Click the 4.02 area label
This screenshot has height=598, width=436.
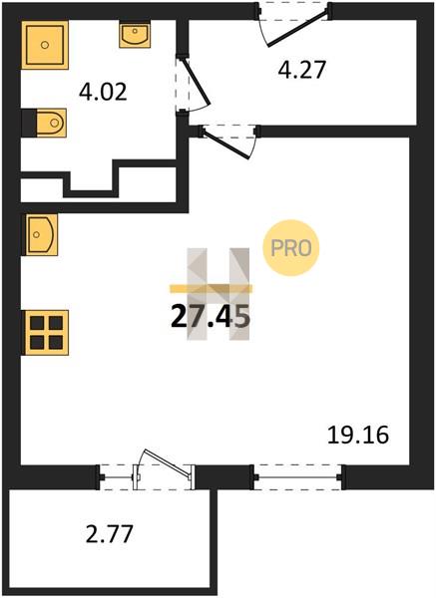pyautogui.click(x=103, y=93)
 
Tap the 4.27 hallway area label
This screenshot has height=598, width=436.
pyautogui.click(x=301, y=70)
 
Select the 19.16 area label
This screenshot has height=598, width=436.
pyautogui.click(x=358, y=435)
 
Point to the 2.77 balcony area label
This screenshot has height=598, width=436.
pyautogui.click(x=109, y=534)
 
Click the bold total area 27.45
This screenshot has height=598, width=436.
pyautogui.click(x=211, y=317)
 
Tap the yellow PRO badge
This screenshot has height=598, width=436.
pyautogui.click(x=291, y=248)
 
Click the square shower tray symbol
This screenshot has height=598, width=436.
pyautogui.click(x=45, y=45)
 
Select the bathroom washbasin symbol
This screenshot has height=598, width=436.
pyautogui.click(x=135, y=34)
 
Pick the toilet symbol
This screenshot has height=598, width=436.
pyautogui.click(x=51, y=123)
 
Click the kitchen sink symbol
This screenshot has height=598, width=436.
pyautogui.click(x=42, y=234)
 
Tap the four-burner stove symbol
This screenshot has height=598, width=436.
pyautogui.click(x=47, y=333)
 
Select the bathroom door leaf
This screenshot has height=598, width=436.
pyautogui.click(x=197, y=82)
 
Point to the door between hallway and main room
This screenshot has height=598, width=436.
pyautogui.click(x=227, y=144)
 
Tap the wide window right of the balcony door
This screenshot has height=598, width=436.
pyautogui.click(x=298, y=476)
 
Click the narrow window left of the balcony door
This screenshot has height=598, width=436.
pyautogui.click(x=117, y=477)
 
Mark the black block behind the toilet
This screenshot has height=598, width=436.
pyautogui.click(x=29, y=123)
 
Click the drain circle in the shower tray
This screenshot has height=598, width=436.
pyautogui.click(x=45, y=45)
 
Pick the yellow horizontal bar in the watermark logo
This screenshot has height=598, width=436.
pyautogui.click(x=211, y=289)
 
